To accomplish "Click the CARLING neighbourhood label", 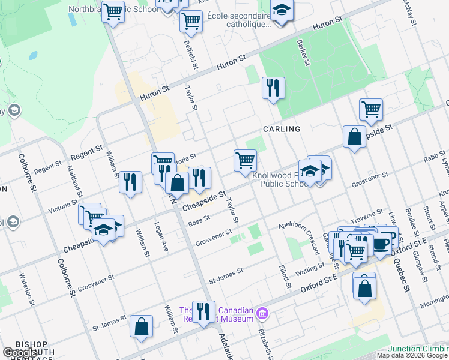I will click(x=281, y=129).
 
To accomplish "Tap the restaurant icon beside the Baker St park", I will click(x=273, y=88).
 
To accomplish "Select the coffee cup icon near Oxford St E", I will click(x=381, y=242).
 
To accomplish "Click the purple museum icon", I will click(x=262, y=313).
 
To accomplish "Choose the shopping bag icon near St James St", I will click(x=142, y=327).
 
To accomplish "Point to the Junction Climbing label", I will click(x=418, y=349).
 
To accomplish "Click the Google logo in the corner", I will click(x=20, y=353).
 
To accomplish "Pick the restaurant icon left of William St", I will click(x=130, y=181).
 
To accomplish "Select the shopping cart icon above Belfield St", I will click(x=191, y=22).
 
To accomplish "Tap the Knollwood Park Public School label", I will click(x=280, y=180).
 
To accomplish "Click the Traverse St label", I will click(x=367, y=214).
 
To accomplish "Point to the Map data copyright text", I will click(x=412, y=355).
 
